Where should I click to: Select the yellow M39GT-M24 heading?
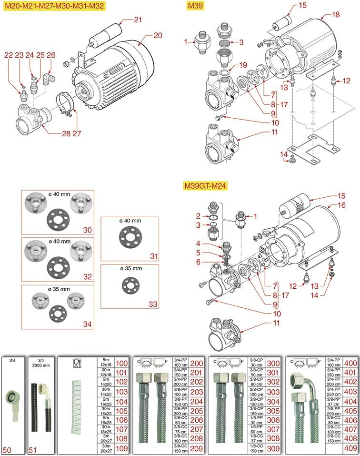[207, 186]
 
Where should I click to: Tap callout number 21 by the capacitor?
[138, 20]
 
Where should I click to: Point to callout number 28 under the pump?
[66, 133]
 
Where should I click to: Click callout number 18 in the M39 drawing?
[336, 15]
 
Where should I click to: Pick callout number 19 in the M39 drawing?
[242, 65]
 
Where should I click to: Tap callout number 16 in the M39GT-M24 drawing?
[341, 205]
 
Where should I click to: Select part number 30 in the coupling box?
[87, 230]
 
